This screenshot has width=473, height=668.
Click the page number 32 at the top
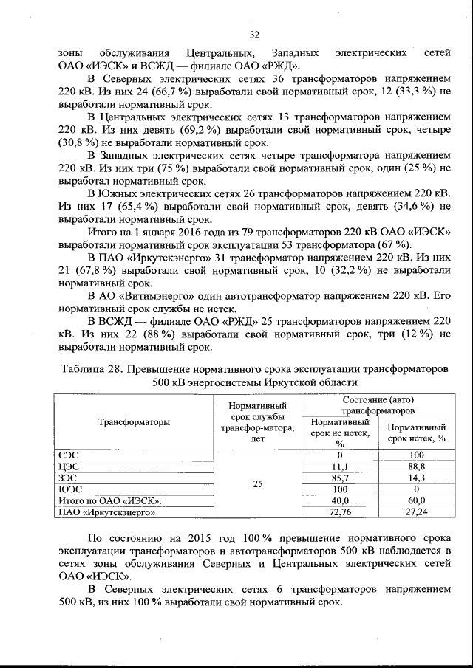[x=253, y=35]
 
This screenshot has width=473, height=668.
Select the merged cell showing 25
[x=257, y=483]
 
